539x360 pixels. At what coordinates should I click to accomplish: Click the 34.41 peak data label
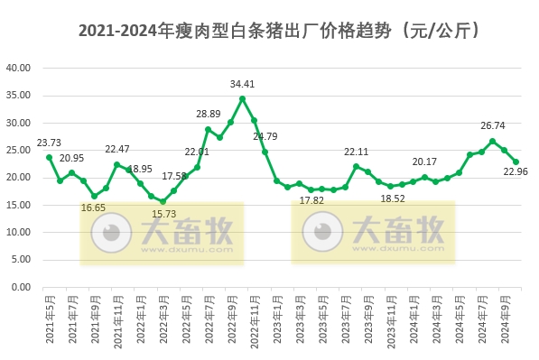coord(242,84)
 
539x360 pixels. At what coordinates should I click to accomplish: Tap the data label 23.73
coord(49,143)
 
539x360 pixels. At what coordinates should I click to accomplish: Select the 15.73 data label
coord(163,214)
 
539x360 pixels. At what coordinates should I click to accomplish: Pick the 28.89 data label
coord(209,115)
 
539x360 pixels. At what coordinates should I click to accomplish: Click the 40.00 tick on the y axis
coord(19,68)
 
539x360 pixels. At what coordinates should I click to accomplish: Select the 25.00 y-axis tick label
coord(19,150)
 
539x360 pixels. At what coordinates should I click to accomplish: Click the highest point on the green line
coord(242,98)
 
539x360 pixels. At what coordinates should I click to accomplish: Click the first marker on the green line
coord(49,157)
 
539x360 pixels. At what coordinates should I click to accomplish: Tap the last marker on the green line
coord(516,162)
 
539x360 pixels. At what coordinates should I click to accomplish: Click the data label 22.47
coord(117,149)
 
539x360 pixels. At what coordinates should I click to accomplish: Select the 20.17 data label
coord(424,162)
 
